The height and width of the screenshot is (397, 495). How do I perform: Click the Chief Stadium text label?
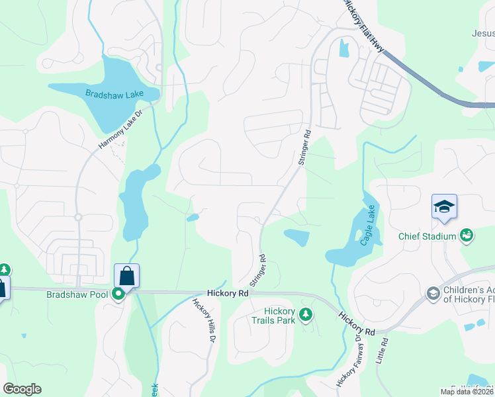click(x=427, y=236)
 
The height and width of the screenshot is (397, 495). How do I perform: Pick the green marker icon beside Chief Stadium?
click(x=467, y=236)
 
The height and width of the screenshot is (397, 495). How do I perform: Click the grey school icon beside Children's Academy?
click(x=433, y=293)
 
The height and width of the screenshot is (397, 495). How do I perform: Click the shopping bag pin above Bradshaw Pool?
click(x=126, y=275)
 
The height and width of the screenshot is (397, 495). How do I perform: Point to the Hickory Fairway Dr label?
click(x=348, y=361)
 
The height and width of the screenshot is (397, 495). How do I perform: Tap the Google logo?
click(x=22, y=389)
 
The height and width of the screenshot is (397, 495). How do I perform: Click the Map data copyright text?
click(x=467, y=392)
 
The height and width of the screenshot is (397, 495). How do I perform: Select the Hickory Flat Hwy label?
click(x=363, y=22)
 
